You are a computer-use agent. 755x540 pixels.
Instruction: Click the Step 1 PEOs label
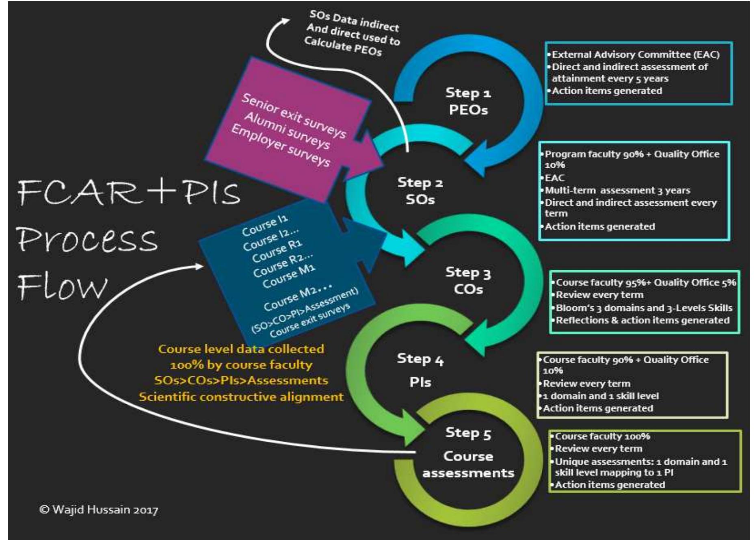pyautogui.click(x=468, y=101)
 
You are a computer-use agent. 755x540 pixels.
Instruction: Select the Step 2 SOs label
pyautogui.click(x=420, y=191)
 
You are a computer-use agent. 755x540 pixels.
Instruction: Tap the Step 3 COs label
pyautogui.click(x=468, y=280)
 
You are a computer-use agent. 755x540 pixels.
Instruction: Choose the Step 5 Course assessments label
pyautogui.click(x=468, y=456)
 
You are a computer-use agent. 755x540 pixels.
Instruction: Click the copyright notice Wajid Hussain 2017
pyautogui.click(x=99, y=510)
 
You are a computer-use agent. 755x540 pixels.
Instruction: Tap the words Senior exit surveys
pyautogui.click(x=294, y=115)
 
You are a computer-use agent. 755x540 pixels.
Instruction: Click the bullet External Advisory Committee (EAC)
pyautogui.click(x=635, y=54)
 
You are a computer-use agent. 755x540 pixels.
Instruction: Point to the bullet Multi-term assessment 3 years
pyautogui.click(x=617, y=190)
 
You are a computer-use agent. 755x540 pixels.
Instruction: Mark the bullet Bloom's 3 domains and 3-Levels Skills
pyautogui.click(x=644, y=308)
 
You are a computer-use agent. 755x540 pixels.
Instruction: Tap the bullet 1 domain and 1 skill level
pyautogui.click(x=601, y=396)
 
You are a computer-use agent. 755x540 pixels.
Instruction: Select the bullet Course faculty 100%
pyautogui.click(x=602, y=436)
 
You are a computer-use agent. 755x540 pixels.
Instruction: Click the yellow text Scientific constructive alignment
pyautogui.click(x=241, y=397)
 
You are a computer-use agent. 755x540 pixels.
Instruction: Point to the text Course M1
pyautogui.click(x=289, y=276)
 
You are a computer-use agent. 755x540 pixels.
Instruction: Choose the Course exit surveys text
pyautogui.click(x=309, y=321)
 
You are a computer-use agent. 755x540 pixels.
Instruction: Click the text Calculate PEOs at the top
pyautogui.click(x=343, y=46)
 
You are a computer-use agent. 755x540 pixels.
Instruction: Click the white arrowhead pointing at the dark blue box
pyautogui.click(x=199, y=266)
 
